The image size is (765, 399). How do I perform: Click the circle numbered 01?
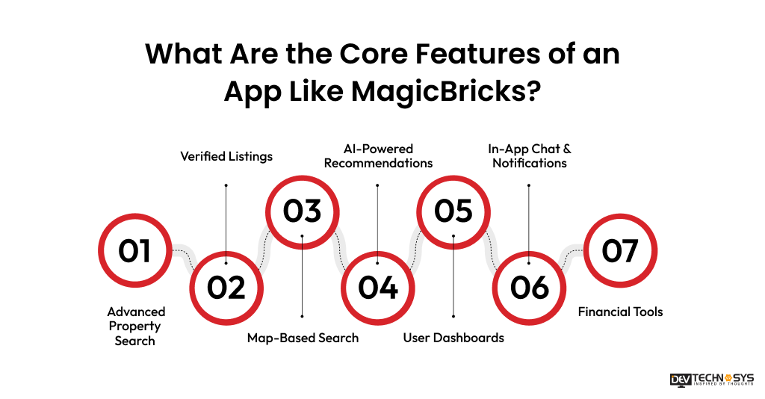pos(135,250)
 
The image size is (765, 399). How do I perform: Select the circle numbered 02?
pos(226,287)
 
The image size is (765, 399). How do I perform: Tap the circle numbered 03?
pos(302,211)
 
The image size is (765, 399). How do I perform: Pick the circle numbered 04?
pos(378,287)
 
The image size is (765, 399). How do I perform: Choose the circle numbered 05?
pos(453,211)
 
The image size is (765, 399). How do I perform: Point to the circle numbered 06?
pos(530,287)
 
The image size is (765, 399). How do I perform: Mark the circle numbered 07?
pos(619,250)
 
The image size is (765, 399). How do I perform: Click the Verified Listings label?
pos(226,156)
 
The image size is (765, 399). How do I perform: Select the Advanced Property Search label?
pos(135,326)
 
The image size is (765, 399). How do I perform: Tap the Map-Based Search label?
pos(303,338)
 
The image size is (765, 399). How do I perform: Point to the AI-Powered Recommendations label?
pos(378,155)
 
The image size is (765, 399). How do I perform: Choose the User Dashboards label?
pos(453,338)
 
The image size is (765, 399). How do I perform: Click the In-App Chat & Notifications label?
pos(530,155)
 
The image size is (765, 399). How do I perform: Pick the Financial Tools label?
pos(620,312)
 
